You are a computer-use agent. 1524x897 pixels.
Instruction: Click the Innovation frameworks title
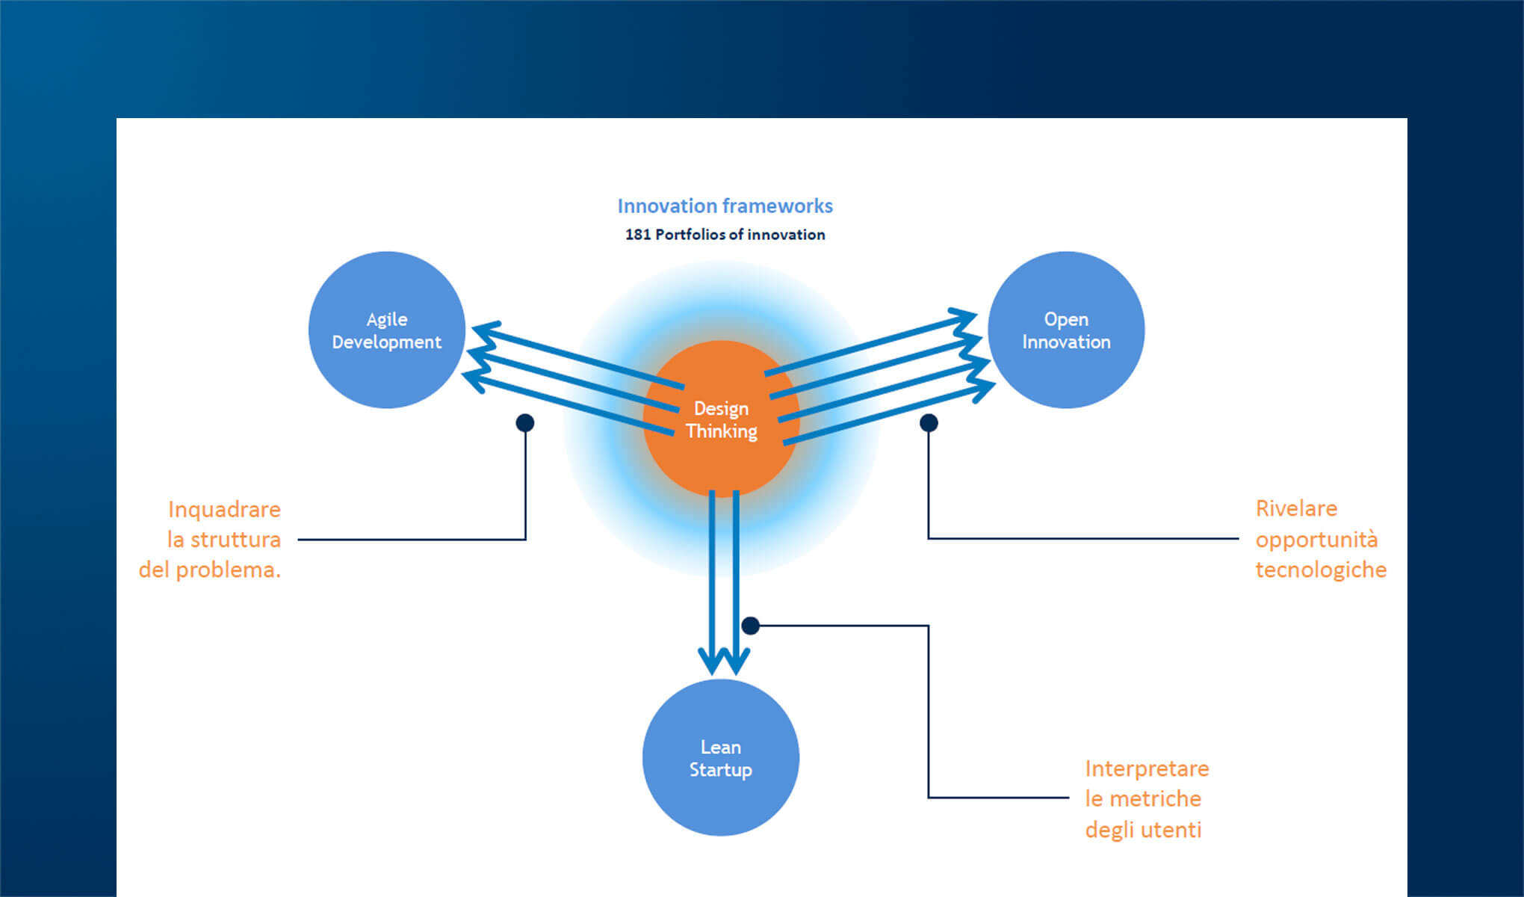coord(725,206)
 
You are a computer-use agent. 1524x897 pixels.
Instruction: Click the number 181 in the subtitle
coord(637,235)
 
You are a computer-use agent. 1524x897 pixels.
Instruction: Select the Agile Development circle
coord(387,330)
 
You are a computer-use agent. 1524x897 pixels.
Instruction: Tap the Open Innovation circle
coord(1066,330)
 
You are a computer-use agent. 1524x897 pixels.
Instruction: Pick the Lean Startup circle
coord(721,757)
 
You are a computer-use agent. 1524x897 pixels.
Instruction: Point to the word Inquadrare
coord(224,509)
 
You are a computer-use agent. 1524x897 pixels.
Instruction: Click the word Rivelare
coord(1296,508)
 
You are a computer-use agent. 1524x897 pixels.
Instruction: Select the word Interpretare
coord(1147,768)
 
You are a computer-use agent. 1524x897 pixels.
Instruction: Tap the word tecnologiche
coord(1321,570)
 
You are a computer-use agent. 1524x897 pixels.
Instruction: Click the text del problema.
coord(210,570)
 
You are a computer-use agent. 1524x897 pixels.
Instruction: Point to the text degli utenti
coord(1143,830)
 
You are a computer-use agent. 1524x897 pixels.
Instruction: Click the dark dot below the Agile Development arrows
coord(525,423)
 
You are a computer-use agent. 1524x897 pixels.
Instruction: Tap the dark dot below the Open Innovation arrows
coord(929,423)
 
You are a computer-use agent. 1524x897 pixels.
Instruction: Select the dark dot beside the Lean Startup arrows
coord(751,626)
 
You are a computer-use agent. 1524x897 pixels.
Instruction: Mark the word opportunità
coord(1316,540)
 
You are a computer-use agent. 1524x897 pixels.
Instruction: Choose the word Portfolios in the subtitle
coord(690,235)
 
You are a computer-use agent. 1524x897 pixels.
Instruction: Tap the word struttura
coord(235,540)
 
